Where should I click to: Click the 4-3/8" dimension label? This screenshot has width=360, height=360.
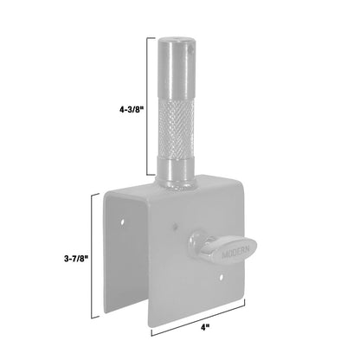coord(132,111)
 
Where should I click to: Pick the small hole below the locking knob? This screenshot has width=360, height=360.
coord(222,279)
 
